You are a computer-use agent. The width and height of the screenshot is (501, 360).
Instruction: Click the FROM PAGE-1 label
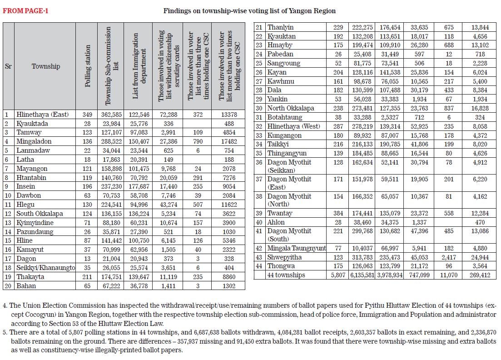pos(25,10)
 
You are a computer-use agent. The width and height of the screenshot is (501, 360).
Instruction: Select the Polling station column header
pos(88,65)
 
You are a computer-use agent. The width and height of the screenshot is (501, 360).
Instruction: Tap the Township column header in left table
pos(46,66)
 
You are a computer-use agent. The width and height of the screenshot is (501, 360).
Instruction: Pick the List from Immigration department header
pos(139,65)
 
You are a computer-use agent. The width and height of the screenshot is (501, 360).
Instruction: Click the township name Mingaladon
pos(34,141)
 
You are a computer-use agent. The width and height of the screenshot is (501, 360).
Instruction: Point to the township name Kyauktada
pos(32,124)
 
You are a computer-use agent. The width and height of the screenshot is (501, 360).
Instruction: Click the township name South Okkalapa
pos(40,214)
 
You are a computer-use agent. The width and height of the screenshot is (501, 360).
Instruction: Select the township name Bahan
pos(26,286)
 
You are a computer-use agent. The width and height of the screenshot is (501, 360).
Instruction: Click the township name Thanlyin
pos(280,28)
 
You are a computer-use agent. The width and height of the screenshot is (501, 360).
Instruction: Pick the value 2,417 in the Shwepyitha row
pos(449,257)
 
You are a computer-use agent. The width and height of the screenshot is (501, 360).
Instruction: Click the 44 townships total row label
pos(286,275)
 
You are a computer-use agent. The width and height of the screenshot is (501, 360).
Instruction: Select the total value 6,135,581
pos(362,275)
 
